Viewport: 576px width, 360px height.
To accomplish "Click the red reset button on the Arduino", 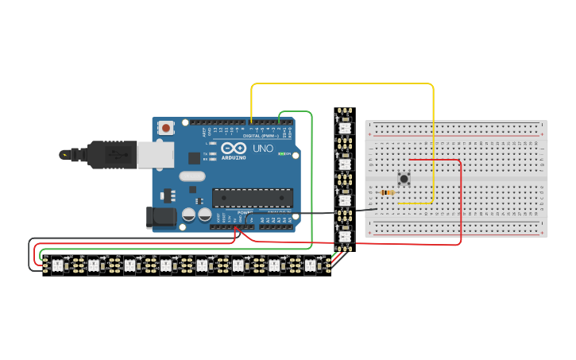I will pos(165,127).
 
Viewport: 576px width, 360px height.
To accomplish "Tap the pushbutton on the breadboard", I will pos(404,179).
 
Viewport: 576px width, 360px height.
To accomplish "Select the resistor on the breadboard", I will pos(388,192).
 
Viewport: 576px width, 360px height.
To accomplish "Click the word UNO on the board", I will pos(263,149).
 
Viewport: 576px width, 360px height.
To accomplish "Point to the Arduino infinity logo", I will pos(234,149).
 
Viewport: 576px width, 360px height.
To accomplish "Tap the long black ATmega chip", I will pos(252,197).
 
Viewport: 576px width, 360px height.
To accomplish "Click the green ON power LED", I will pos(281,153).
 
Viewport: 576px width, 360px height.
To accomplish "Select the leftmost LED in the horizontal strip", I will pos(57,265).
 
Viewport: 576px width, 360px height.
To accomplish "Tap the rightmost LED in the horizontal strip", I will pos(310,265).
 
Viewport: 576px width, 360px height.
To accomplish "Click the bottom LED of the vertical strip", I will pos(344,236).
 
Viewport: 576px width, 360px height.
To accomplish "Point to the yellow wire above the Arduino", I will pos(342,83).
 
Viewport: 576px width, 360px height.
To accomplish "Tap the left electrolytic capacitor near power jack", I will pos(189,215).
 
